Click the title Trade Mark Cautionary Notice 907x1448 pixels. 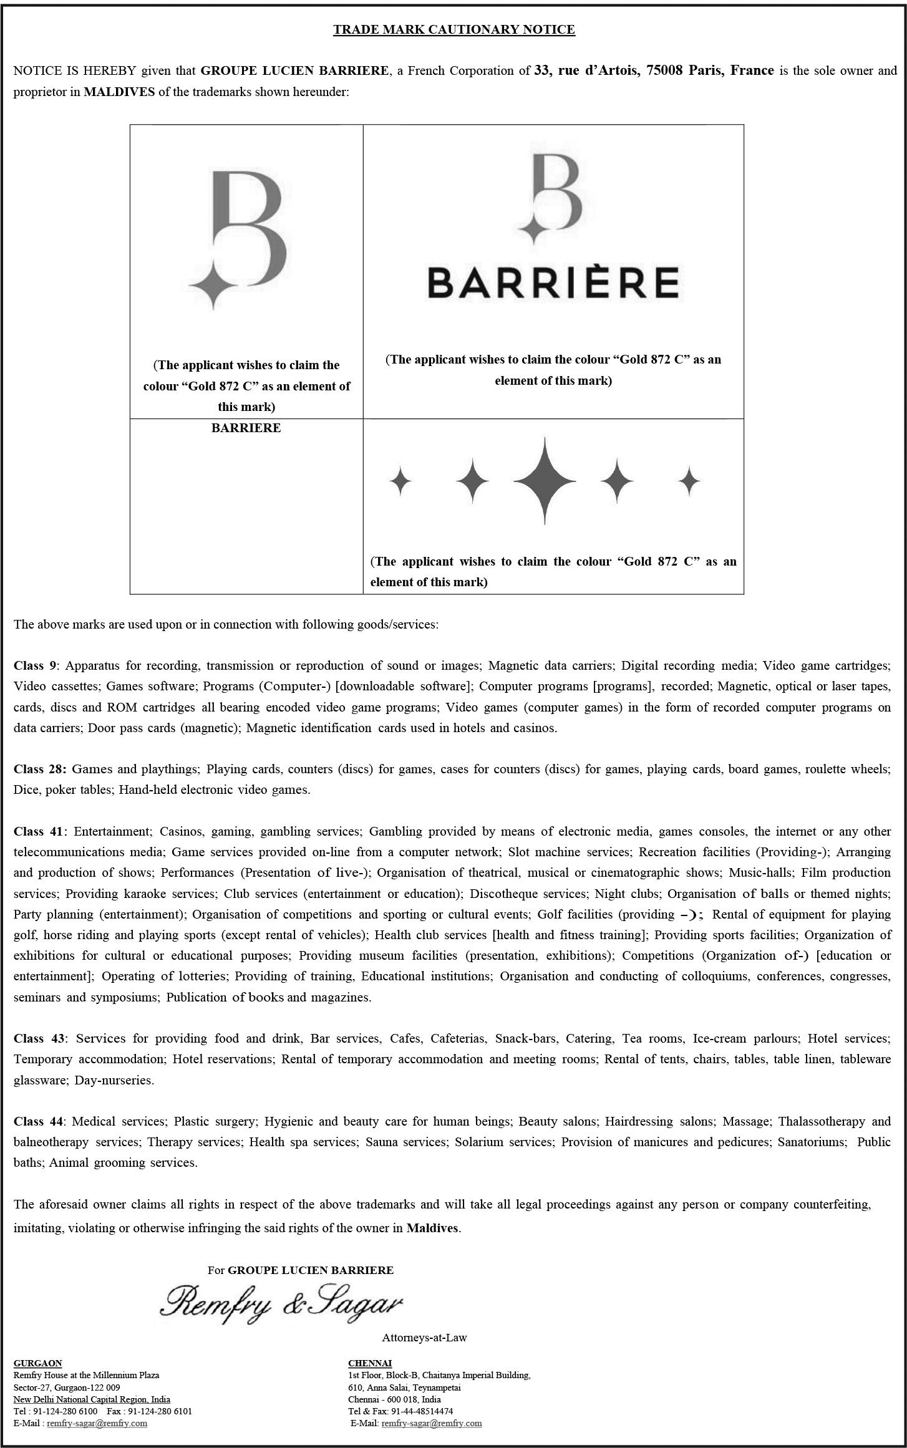tap(453, 29)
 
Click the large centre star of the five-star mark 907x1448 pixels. tap(545, 481)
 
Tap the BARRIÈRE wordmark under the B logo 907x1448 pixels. tap(553, 282)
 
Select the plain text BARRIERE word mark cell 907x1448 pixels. tap(246, 428)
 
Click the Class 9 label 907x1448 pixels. tap(35, 665)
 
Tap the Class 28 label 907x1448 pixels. tap(39, 769)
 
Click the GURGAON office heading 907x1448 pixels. tap(37, 1363)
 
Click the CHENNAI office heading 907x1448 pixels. tap(369, 1363)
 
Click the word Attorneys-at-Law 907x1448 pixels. tap(424, 1338)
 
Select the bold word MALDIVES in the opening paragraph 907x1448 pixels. tap(119, 92)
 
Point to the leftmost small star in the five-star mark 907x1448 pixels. tap(400, 481)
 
